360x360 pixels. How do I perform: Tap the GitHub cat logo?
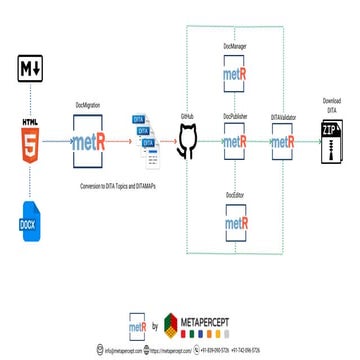point(186,142)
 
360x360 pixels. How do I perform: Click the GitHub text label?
point(186,117)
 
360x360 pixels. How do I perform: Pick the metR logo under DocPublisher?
point(236,142)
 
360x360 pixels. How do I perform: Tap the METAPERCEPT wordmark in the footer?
point(212,322)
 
